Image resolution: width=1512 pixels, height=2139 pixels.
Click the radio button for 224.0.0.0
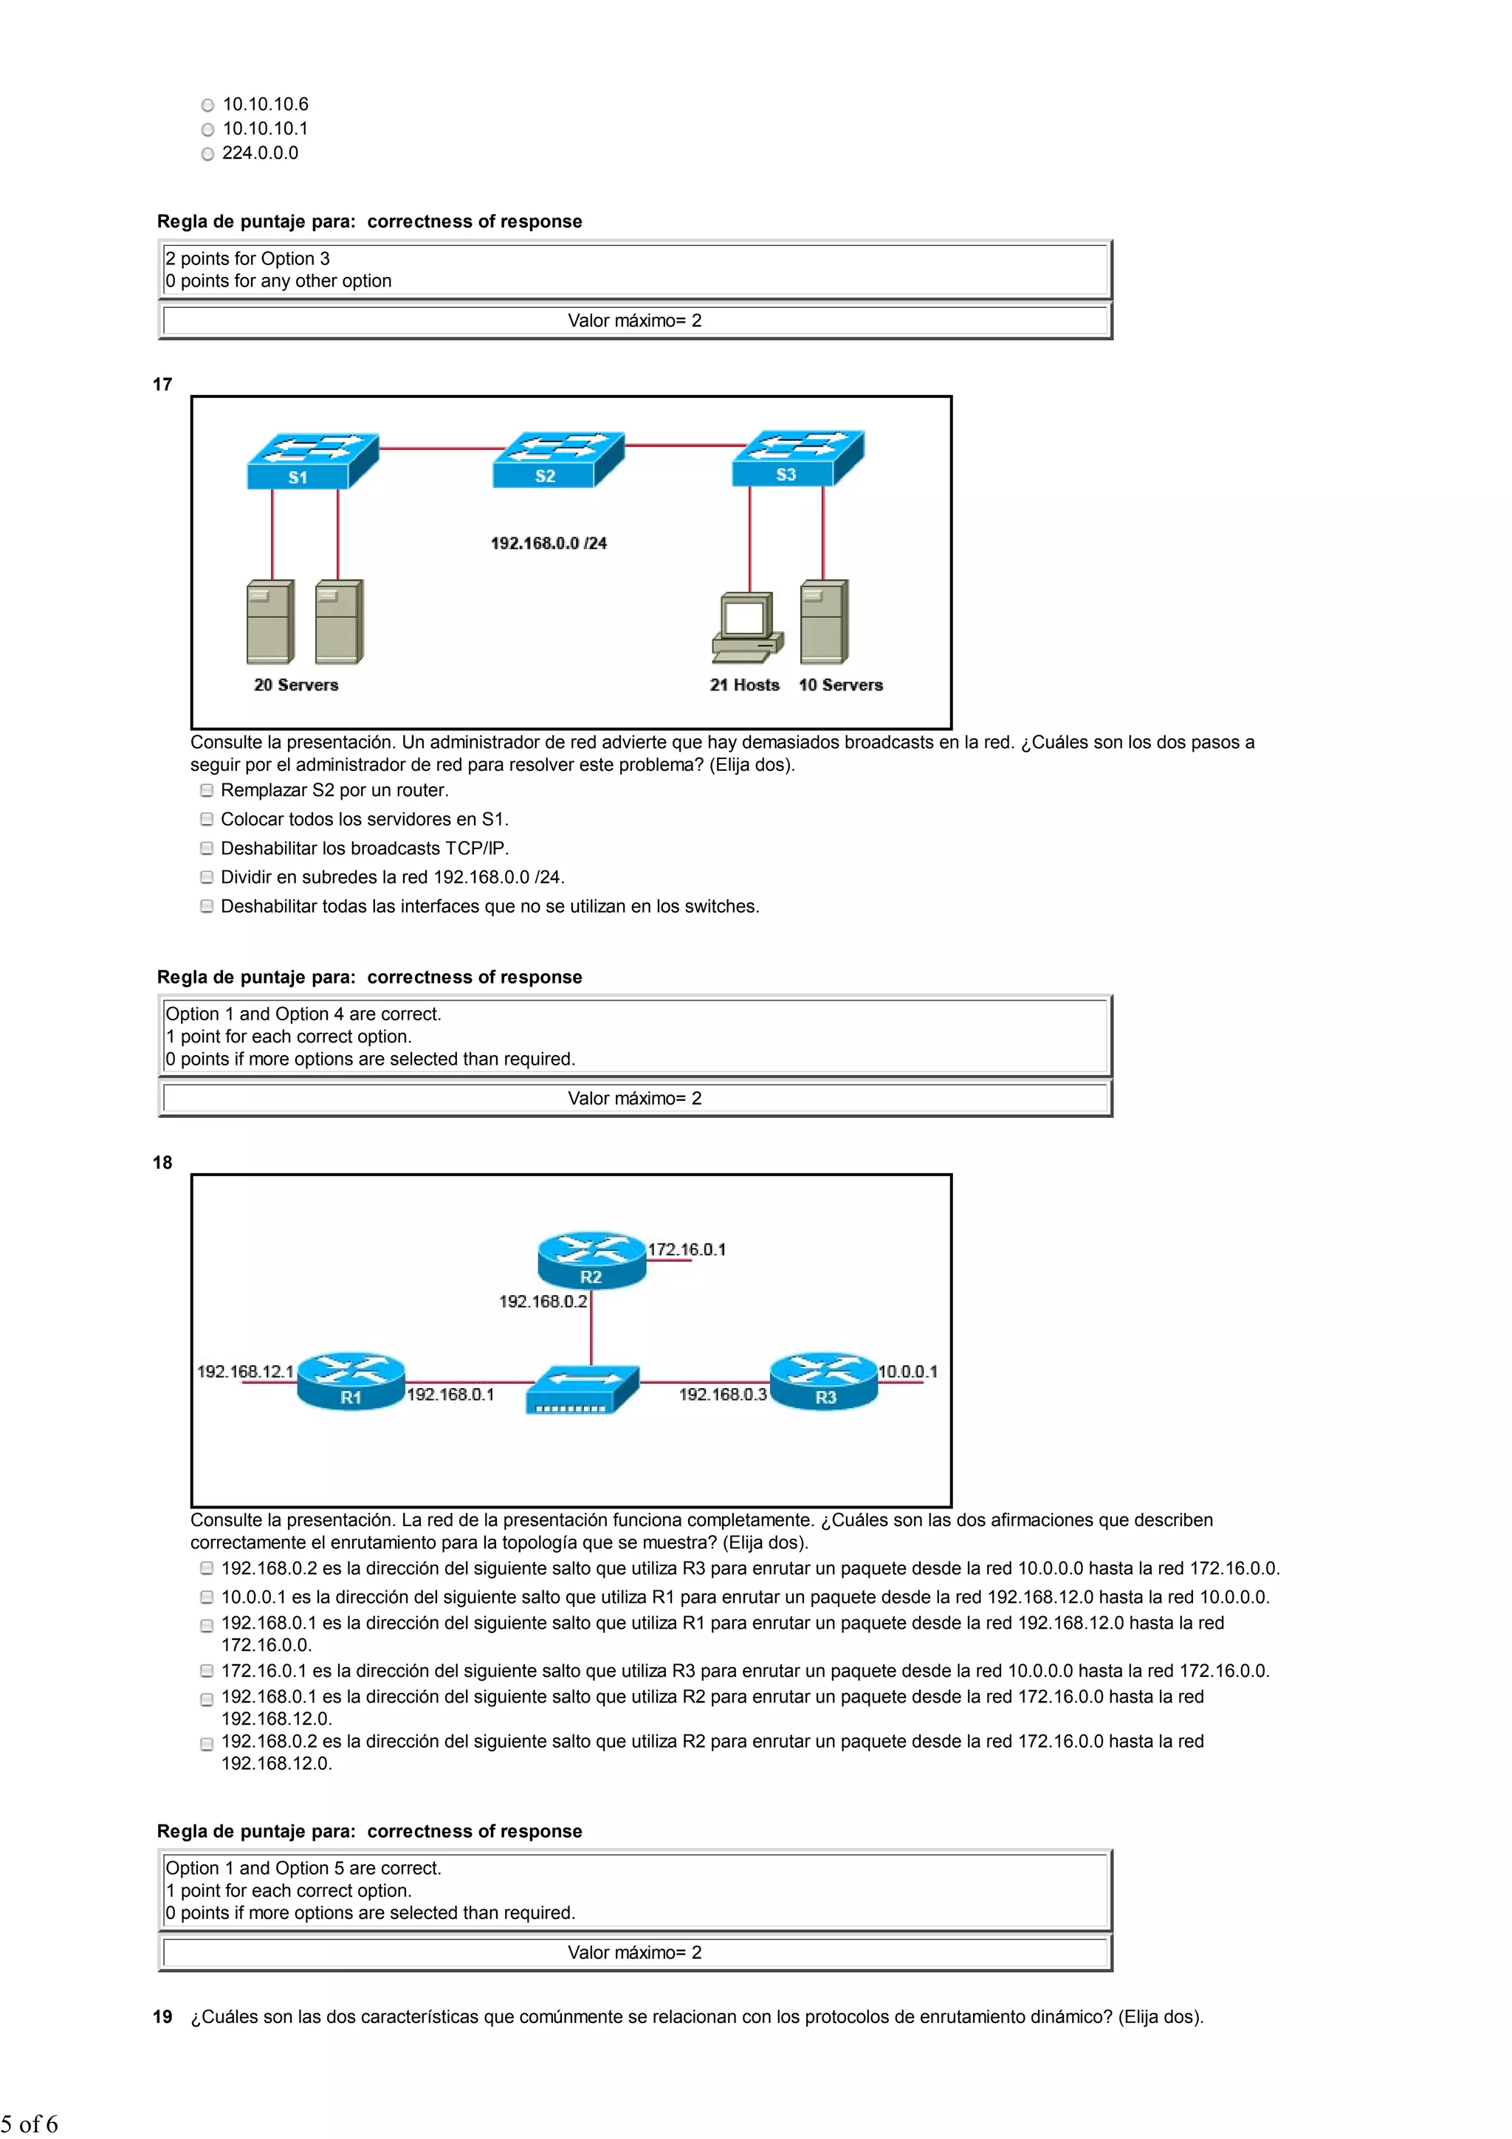click(x=207, y=154)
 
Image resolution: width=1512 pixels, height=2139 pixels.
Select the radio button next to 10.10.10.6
click(x=207, y=106)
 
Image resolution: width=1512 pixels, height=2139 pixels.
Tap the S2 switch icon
click(x=558, y=459)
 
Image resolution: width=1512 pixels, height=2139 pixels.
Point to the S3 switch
click(x=798, y=458)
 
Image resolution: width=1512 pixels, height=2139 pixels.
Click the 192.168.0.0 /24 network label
click(x=549, y=543)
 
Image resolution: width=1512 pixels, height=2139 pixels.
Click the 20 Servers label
click(x=296, y=684)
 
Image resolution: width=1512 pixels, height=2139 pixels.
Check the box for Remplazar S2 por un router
click(x=207, y=790)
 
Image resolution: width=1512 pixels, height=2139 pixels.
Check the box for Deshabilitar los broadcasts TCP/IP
click(x=207, y=848)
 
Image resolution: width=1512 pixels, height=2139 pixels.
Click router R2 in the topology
click(x=591, y=1260)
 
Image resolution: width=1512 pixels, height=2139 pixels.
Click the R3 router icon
click(x=825, y=1381)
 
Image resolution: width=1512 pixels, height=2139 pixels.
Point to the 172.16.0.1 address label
click(x=687, y=1249)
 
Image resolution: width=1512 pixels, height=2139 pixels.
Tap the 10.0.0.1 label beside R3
click(x=907, y=1371)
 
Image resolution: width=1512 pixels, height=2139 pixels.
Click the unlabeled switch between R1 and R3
click(x=583, y=1389)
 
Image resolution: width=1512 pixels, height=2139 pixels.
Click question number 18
click(x=163, y=1163)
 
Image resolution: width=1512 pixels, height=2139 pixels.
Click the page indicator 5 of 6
click(x=30, y=2124)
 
